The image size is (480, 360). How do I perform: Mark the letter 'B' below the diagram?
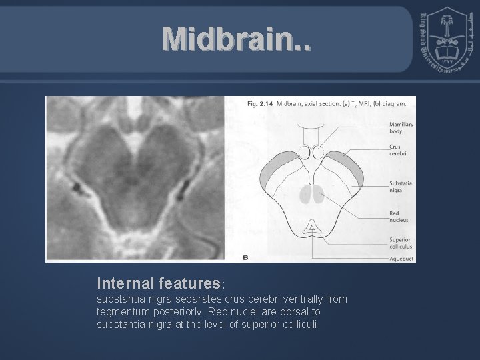point(245,256)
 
